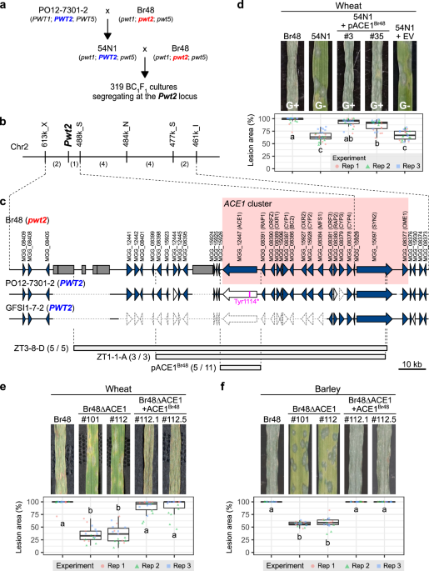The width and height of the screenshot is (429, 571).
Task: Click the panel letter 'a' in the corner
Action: pyautogui.click(x=4, y=6)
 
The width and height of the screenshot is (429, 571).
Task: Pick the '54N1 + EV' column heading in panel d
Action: pyautogui.click(x=406, y=35)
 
